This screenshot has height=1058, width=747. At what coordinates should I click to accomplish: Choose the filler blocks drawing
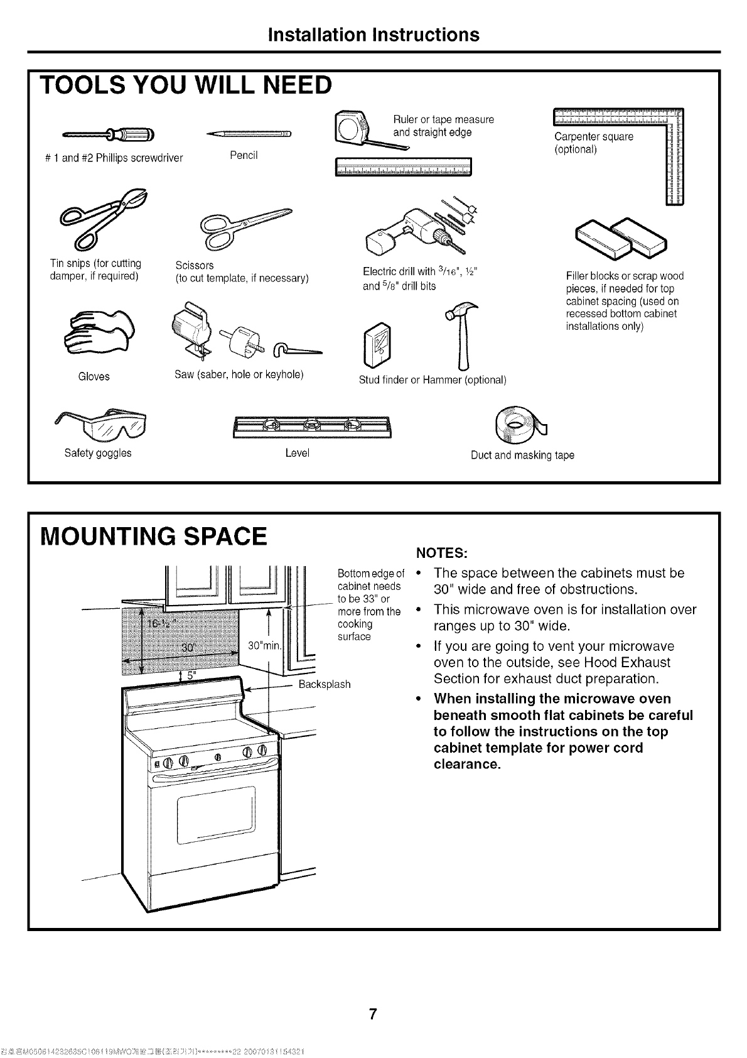(x=618, y=239)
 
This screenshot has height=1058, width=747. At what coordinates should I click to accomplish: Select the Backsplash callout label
(x=324, y=684)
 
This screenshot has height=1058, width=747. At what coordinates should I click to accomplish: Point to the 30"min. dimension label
(x=266, y=646)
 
